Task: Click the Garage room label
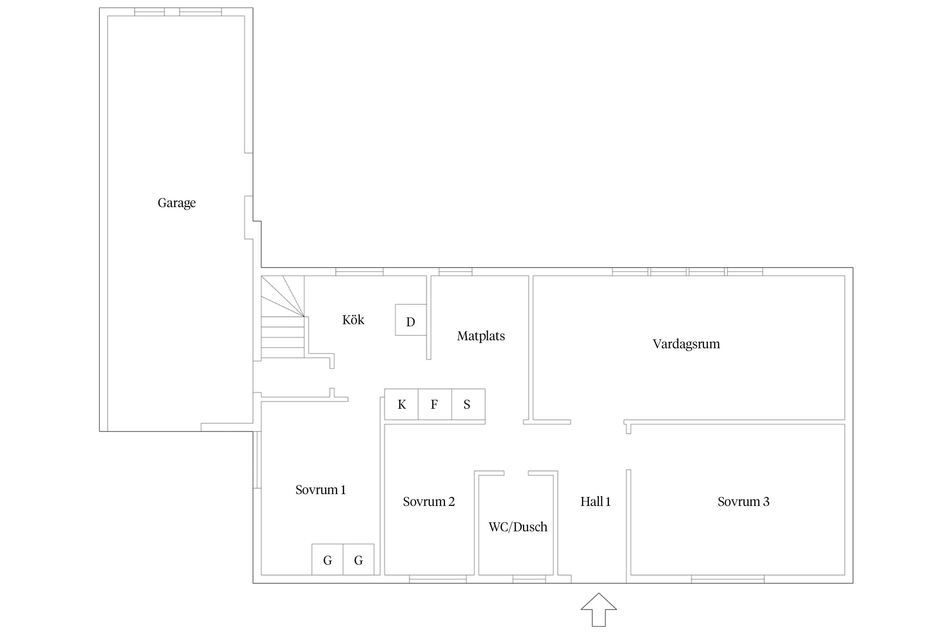pos(176,203)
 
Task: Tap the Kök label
pos(353,320)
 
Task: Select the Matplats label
pos(481,336)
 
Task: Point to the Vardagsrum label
pos(686,344)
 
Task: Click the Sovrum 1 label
pos(320,490)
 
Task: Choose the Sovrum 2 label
pos(429,502)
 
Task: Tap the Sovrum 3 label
pos(743,502)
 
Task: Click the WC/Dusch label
pos(518,527)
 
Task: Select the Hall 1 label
pos(595,502)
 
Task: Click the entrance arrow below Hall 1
pos(599,609)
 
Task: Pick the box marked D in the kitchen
pos(411,320)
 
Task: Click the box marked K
pos(402,404)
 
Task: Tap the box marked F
pos(435,404)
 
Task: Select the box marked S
pos(468,404)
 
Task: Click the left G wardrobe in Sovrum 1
pos(327,560)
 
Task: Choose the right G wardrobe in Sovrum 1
pos(358,560)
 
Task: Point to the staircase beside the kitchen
pos(283,317)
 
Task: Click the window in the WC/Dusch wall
pos(529,579)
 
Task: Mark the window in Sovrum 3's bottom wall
pos(728,579)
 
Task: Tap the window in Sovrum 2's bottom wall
pos(438,579)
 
